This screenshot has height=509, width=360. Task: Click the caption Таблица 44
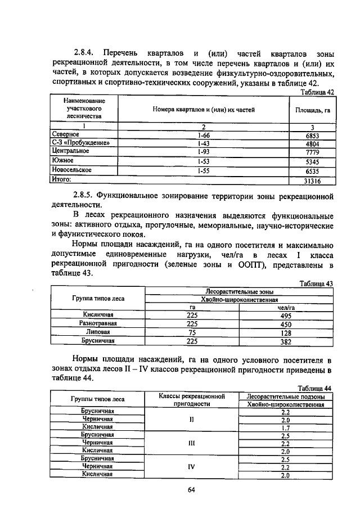316,388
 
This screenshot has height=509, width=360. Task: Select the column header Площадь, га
312,110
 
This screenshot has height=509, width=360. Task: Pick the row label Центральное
70,151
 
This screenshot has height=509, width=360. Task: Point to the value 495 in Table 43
286,315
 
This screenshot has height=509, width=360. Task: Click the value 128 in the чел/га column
286,332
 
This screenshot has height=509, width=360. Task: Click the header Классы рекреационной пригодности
192,400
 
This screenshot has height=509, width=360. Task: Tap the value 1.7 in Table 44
285,428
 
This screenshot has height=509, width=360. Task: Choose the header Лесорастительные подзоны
285,396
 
